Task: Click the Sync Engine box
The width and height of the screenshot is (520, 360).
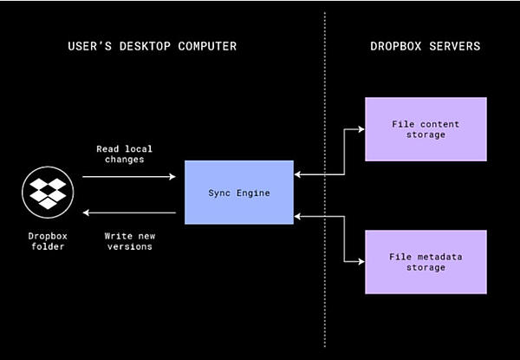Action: pos(239,192)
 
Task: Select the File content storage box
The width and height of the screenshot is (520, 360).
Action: pos(426,129)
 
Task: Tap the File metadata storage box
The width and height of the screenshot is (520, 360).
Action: pos(426,261)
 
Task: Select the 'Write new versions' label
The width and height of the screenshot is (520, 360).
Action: pos(129,241)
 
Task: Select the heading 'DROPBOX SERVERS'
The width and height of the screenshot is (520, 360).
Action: pos(425,46)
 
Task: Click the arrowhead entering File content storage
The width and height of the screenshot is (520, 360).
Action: pos(361,129)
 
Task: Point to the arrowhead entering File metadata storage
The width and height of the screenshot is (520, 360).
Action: pos(361,261)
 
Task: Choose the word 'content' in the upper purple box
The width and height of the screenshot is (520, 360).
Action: pos(439,124)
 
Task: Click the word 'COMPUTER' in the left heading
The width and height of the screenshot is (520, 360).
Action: pos(205,46)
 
